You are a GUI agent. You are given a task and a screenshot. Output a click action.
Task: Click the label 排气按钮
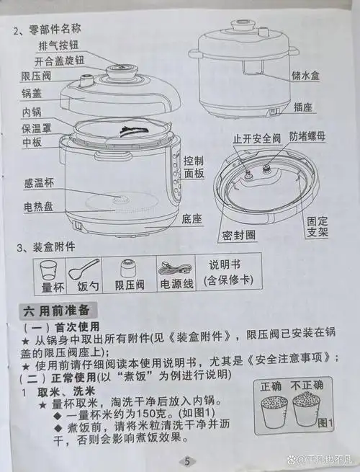click(59, 45)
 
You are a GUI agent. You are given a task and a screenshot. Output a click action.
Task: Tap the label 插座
click(305, 107)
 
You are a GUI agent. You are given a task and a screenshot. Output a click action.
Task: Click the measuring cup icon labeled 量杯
click(48, 270)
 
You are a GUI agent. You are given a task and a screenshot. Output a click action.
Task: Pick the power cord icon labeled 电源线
click(176, 270)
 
